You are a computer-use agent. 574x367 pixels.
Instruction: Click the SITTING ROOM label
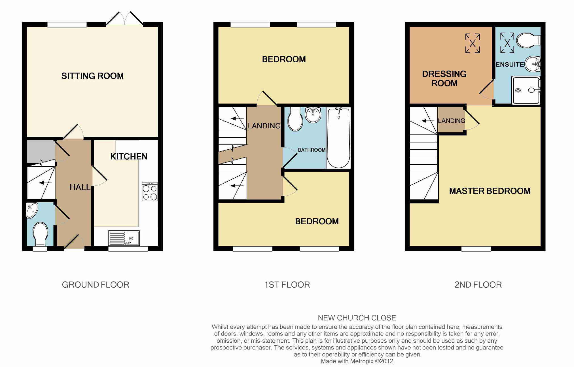click(92, 76)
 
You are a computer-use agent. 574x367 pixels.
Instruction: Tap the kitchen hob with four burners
click(150, 192)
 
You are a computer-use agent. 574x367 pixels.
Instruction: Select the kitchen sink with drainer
click(124, 238)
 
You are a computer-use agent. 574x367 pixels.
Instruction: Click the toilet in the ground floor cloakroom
click(41, 234)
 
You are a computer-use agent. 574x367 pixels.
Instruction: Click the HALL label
click(80, 187)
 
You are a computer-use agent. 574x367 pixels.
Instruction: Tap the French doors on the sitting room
click(125, 19)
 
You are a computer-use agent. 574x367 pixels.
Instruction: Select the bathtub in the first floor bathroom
click(338, 138)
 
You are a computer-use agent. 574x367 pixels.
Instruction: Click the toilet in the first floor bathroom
click(295, 119)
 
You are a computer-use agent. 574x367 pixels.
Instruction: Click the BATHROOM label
click(312, 150)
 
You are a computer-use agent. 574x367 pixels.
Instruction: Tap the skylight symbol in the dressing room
click(473, 43)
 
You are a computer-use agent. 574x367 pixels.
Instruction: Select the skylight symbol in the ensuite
click(507, 43)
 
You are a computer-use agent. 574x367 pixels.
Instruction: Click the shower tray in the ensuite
click(526, 90)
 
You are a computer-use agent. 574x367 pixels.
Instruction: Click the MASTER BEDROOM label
click(490, 191)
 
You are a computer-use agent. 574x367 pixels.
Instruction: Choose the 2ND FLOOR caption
click(478, 285)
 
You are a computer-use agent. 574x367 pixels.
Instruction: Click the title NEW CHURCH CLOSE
click(357, 318)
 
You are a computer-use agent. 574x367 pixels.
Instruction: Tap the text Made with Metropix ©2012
click(357, 361)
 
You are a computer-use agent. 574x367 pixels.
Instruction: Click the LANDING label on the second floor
click(452, 121)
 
